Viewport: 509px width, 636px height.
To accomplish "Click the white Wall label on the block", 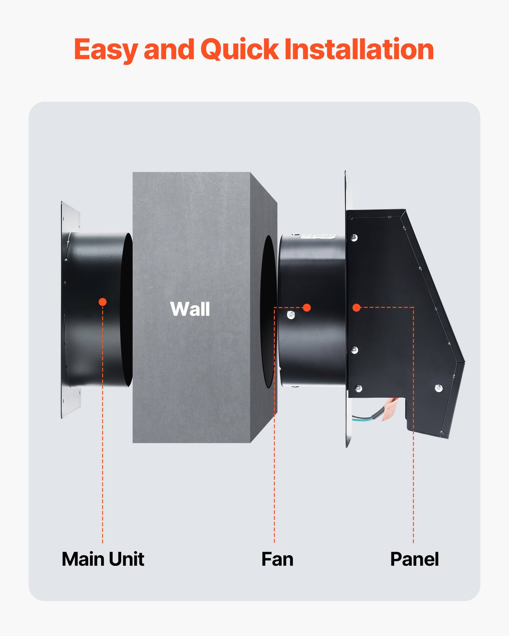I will (190, 309).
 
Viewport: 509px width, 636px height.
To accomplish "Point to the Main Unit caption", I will (103, 559).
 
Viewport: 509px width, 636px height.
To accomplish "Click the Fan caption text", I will (277, 559).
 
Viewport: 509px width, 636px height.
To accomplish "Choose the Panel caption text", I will (414, 559).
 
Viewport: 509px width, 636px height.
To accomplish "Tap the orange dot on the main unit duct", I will (102, 302).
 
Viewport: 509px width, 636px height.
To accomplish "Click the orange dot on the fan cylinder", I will (307, 308).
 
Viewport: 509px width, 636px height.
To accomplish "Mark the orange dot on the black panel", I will (356, 308).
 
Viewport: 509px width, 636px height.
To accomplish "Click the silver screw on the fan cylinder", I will (291, 315).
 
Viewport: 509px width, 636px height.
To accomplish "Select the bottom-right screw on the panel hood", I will (439, 388).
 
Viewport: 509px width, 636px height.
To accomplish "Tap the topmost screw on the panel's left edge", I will (354, 237).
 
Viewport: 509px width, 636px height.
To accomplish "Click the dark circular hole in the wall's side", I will (268, 312).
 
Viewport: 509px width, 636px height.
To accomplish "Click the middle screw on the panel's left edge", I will (354, 350).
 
